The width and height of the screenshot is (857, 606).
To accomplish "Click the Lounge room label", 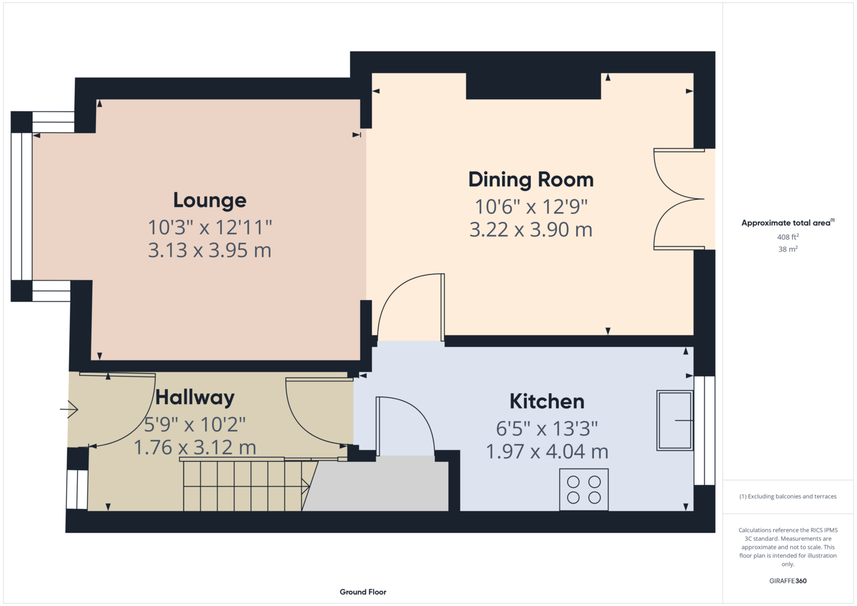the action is pyautogui.click(x=210, y=201).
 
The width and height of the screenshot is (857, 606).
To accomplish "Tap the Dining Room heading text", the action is pyautogui.click(x=531, y=180).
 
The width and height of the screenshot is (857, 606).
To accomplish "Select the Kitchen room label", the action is pyautogui.click(x=547, y=401).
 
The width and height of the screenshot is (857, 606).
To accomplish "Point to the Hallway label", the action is pyautogui.click(x=195, y=398).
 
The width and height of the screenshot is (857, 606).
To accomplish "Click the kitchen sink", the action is pyautogui.click(x=675, y=420).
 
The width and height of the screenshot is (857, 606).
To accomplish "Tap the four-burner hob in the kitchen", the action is pyautogui.click(x=584, y=490).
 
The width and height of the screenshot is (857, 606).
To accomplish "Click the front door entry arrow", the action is pyautogui.click(x=69, y=410).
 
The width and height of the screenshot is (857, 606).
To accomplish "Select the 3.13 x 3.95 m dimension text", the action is pyautogui.click(x=210, y=250).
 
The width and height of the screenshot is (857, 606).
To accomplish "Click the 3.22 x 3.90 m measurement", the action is pyautogui.click(x=531, y=230).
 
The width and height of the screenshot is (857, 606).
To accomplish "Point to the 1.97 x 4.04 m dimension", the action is pyautogui.click(x=547, y=451).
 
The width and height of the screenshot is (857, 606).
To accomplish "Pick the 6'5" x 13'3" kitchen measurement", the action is pyautogui.click(x=547, y=428).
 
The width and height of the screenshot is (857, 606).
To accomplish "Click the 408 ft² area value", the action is pyautogui.click(x=788, y=237).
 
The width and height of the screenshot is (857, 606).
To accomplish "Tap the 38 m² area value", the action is pyautogui.click(x=788, y=249).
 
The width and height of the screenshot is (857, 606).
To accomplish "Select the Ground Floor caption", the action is pyautogui.click(x=363, y=592).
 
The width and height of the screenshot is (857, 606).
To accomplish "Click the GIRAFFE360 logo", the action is pyautogui.click(x=788, y=581).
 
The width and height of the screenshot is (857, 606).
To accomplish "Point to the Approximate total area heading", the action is pyautogui.click(x=788, y=223).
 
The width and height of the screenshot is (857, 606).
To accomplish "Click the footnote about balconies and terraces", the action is pyautogui.click(x=788, y=496).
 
